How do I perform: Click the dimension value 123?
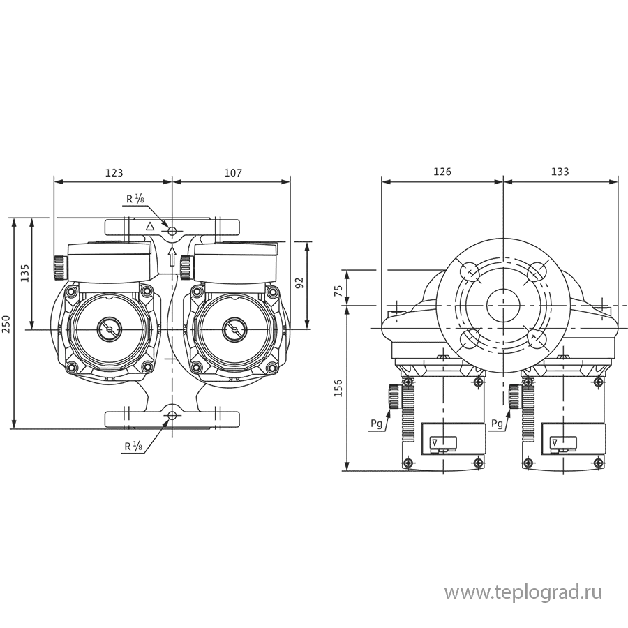114,171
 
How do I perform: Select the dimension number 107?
233,171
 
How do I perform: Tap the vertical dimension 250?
6,324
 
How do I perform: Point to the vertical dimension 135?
24,274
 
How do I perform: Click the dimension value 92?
299,283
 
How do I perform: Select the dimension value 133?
560,171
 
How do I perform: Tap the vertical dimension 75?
340,290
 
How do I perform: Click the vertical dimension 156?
340,389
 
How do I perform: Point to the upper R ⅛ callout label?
135,199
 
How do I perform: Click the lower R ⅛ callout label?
135,447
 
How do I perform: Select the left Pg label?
376,424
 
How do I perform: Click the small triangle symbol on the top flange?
149,227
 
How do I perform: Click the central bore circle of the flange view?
503,305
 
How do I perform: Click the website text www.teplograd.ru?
523,593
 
